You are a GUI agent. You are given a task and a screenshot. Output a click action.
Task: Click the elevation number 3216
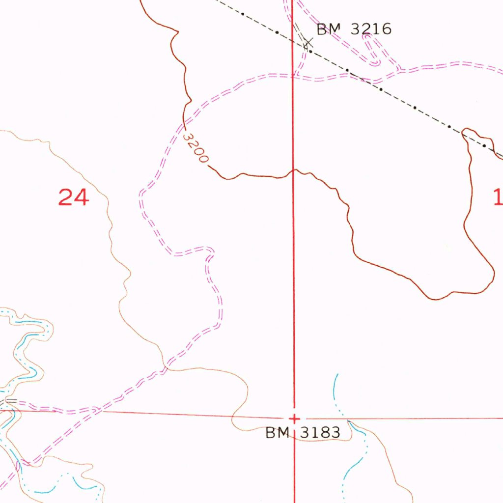pos(371,29)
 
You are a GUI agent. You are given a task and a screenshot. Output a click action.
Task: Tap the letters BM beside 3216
pos(329,29)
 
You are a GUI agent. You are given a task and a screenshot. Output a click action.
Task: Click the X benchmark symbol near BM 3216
pos(308,43)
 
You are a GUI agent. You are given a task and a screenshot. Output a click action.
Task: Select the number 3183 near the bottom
pos(318,433)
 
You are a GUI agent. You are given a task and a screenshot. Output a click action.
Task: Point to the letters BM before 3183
pos(277,433)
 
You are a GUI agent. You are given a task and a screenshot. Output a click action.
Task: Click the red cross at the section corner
pos(294,419)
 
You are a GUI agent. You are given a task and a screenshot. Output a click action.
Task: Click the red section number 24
pos(74,197)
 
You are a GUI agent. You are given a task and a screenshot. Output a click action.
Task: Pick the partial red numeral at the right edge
pos(498,197)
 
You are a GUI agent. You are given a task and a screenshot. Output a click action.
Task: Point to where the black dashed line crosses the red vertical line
pos(293,41)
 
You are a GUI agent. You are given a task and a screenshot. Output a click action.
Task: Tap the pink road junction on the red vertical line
pos(294,76)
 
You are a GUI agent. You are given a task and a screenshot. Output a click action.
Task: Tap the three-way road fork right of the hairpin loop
pos(400,68)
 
